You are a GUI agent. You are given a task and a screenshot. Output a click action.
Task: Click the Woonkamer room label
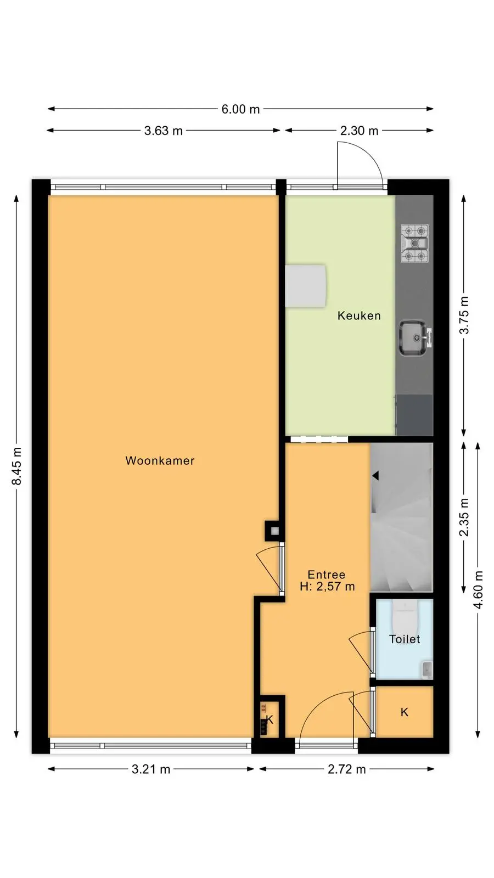pos(160,460)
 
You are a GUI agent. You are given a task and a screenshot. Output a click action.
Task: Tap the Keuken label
pos(359,316)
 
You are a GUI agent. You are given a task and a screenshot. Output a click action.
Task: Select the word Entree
pos(327,575)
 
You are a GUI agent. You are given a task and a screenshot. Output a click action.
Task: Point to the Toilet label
pos(405,639)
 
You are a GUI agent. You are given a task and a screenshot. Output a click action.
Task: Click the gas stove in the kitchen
pos(415,243)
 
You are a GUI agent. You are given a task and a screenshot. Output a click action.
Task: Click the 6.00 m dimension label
pos(241,109)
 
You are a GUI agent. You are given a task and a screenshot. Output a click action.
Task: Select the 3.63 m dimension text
pos(164,131)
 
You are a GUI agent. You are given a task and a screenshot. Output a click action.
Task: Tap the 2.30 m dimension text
pos(359,131)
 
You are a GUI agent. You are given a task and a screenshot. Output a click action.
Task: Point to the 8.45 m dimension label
pos(17,466)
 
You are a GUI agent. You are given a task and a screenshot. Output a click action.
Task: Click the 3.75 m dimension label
pos(464,315)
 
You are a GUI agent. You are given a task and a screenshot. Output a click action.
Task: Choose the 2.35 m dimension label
pos(464,517)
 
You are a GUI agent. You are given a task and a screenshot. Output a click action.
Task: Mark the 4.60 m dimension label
pos(478,590)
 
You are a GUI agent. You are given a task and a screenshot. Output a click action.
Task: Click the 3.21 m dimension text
pos(151,769)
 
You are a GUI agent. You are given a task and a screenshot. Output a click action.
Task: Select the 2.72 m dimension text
pos(347,769)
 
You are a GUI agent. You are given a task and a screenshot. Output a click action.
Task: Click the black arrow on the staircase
pos(375,476)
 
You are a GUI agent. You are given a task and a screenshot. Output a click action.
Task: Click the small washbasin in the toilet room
pos(427,669)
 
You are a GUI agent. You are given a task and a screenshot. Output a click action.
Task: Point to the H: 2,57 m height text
pos(327,587)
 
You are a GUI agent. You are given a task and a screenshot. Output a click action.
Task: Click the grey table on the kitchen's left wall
pos(305,286)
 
